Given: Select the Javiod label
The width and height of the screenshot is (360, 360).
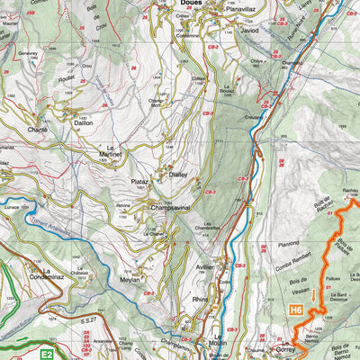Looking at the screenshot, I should (x=248, y=30).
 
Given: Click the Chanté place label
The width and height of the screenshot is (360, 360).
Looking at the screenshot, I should (x=38, y=130).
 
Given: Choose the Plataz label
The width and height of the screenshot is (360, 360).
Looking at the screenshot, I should (x=139, y=182).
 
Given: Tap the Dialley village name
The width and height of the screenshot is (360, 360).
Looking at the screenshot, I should (x=178, y=175).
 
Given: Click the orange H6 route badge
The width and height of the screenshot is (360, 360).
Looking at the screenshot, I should (x=296, y=310).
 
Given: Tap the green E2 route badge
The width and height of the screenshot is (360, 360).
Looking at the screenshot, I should (x=48, y=355).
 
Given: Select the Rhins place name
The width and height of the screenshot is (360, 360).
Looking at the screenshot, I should (x=200, y=300).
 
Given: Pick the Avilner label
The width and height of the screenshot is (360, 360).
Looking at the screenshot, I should (x=205, y=267).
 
